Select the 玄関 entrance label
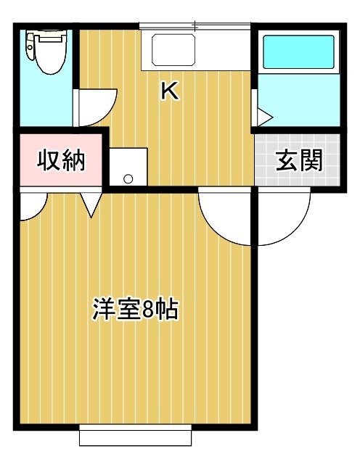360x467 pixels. [x=299, y=160]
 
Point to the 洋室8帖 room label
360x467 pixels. [x=135, y=309]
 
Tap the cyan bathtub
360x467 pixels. [x=298, y=51]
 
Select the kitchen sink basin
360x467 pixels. [x=173, y=50]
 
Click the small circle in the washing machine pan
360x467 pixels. [x=128, y=178]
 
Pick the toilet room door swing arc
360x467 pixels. [x=107, y=113]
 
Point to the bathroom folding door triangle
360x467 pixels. [x=265, y=117]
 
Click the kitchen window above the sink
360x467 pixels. [x=195, y=26]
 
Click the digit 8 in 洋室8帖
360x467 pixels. [x=147, y=309]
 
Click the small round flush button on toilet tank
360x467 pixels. [x=30, y=47]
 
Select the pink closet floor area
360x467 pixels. [x=61, y=160]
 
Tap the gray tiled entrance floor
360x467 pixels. [x=297, y=160]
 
